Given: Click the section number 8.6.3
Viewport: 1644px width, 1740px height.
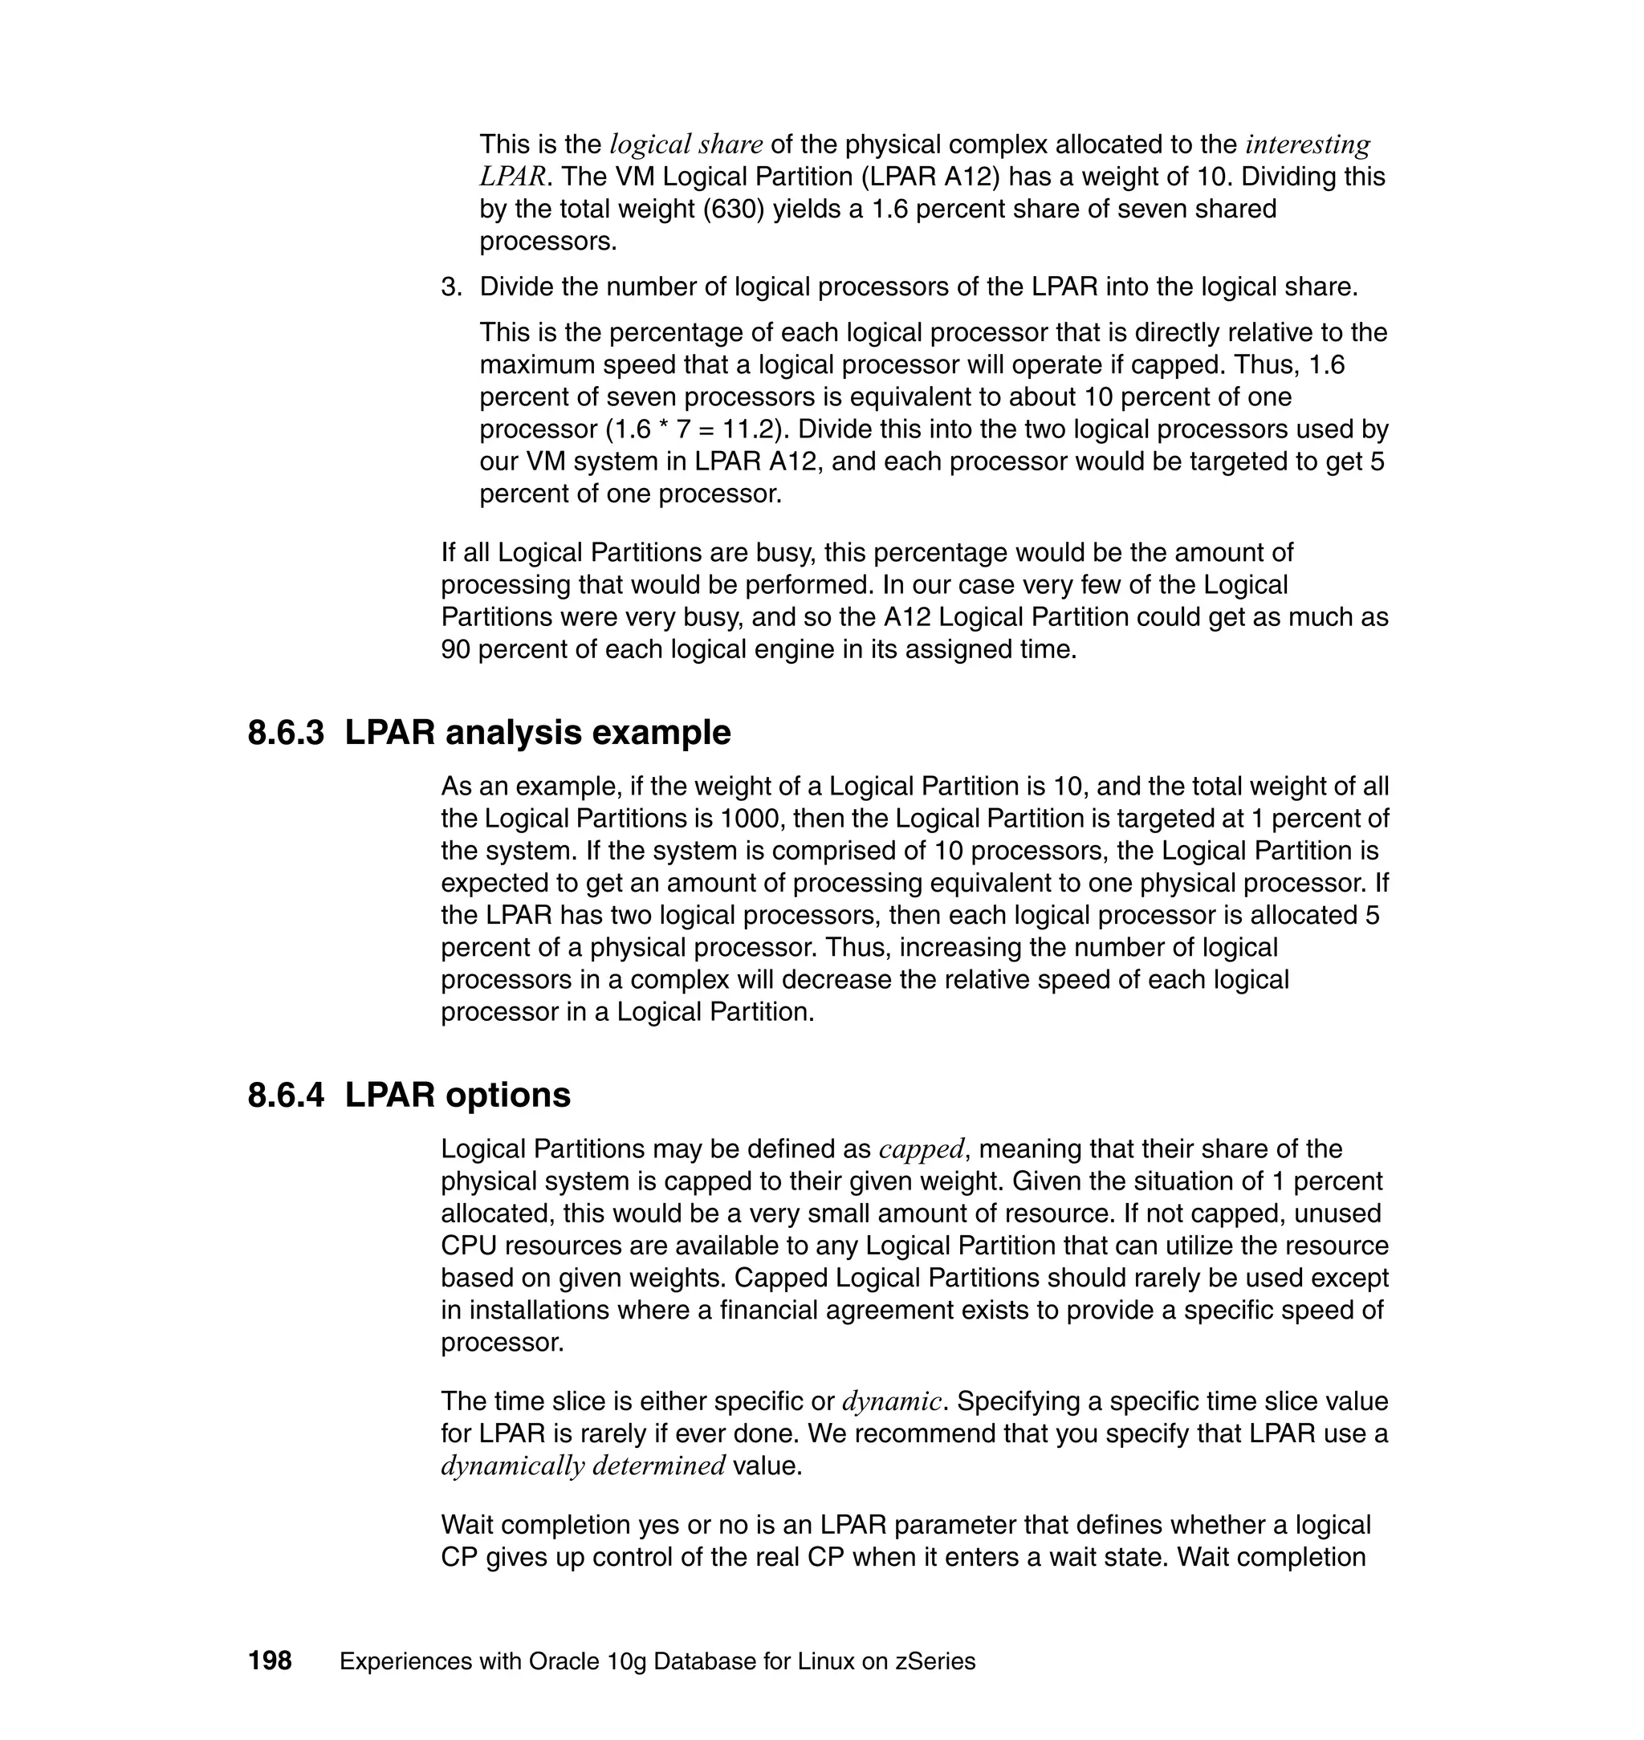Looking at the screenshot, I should (286, 733).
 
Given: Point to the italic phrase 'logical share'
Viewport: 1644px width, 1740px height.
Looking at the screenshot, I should (686, 144).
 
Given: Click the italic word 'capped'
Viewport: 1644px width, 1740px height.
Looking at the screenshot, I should (921, 1148).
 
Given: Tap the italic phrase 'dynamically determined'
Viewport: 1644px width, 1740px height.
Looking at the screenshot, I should (583, 1465).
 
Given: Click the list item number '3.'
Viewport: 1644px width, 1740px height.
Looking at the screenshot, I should (450, 287).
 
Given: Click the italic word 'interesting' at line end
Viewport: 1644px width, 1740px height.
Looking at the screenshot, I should (1308, 144).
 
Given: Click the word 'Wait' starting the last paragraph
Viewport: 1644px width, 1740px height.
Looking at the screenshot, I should (468, 1524).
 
